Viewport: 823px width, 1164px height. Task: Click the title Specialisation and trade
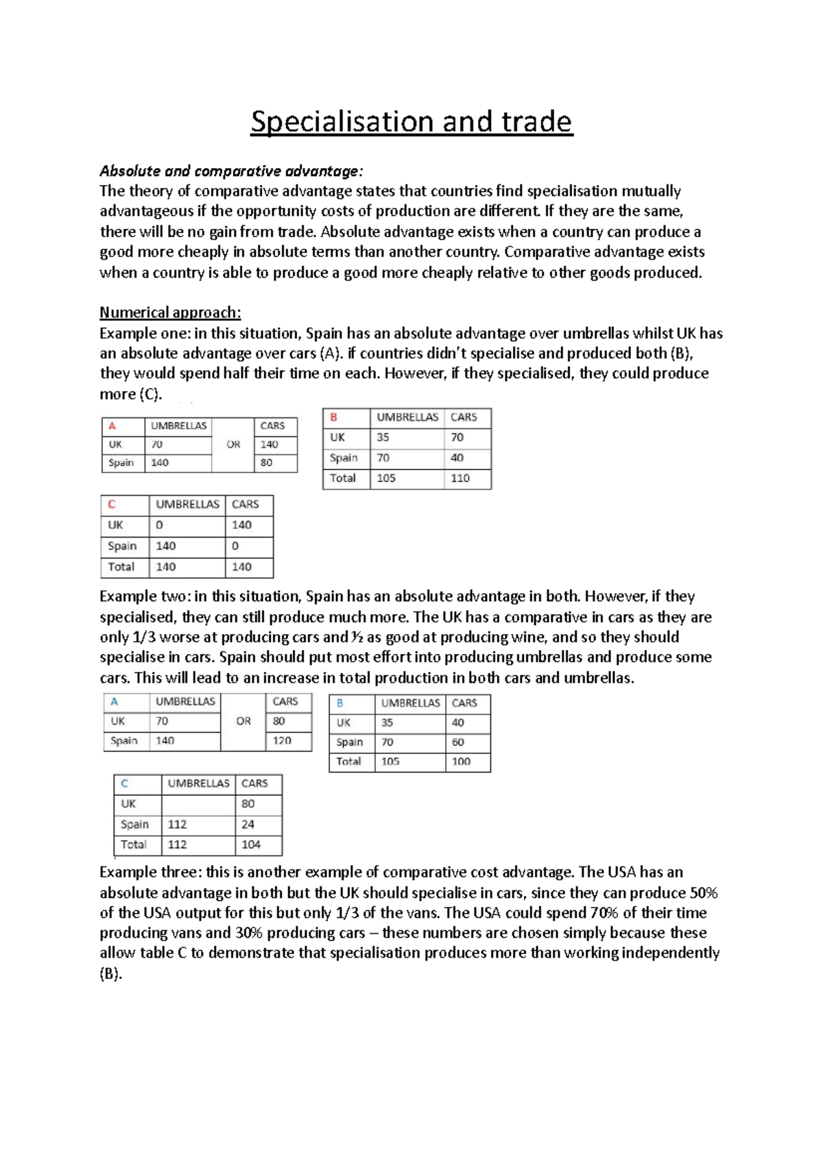411,122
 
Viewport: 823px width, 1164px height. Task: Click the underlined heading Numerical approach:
170,313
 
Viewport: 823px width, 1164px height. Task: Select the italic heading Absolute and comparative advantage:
231,171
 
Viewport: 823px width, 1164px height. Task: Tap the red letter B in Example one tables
334,417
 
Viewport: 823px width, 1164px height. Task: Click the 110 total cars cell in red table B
460,478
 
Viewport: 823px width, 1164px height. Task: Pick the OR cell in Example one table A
233,444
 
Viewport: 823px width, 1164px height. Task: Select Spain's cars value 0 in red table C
235,546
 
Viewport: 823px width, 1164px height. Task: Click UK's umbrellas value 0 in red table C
159,525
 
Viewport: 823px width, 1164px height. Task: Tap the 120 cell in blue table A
282,740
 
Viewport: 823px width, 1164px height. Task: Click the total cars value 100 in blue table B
461,762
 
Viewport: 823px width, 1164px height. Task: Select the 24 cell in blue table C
248,825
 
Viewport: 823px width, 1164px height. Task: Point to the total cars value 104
251,845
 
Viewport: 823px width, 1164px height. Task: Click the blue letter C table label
124,784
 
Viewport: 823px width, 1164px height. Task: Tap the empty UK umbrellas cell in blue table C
198,804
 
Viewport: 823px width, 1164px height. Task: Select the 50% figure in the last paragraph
703,893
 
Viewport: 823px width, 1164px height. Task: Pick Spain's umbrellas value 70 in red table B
383,458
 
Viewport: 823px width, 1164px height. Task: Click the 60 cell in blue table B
457,742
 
